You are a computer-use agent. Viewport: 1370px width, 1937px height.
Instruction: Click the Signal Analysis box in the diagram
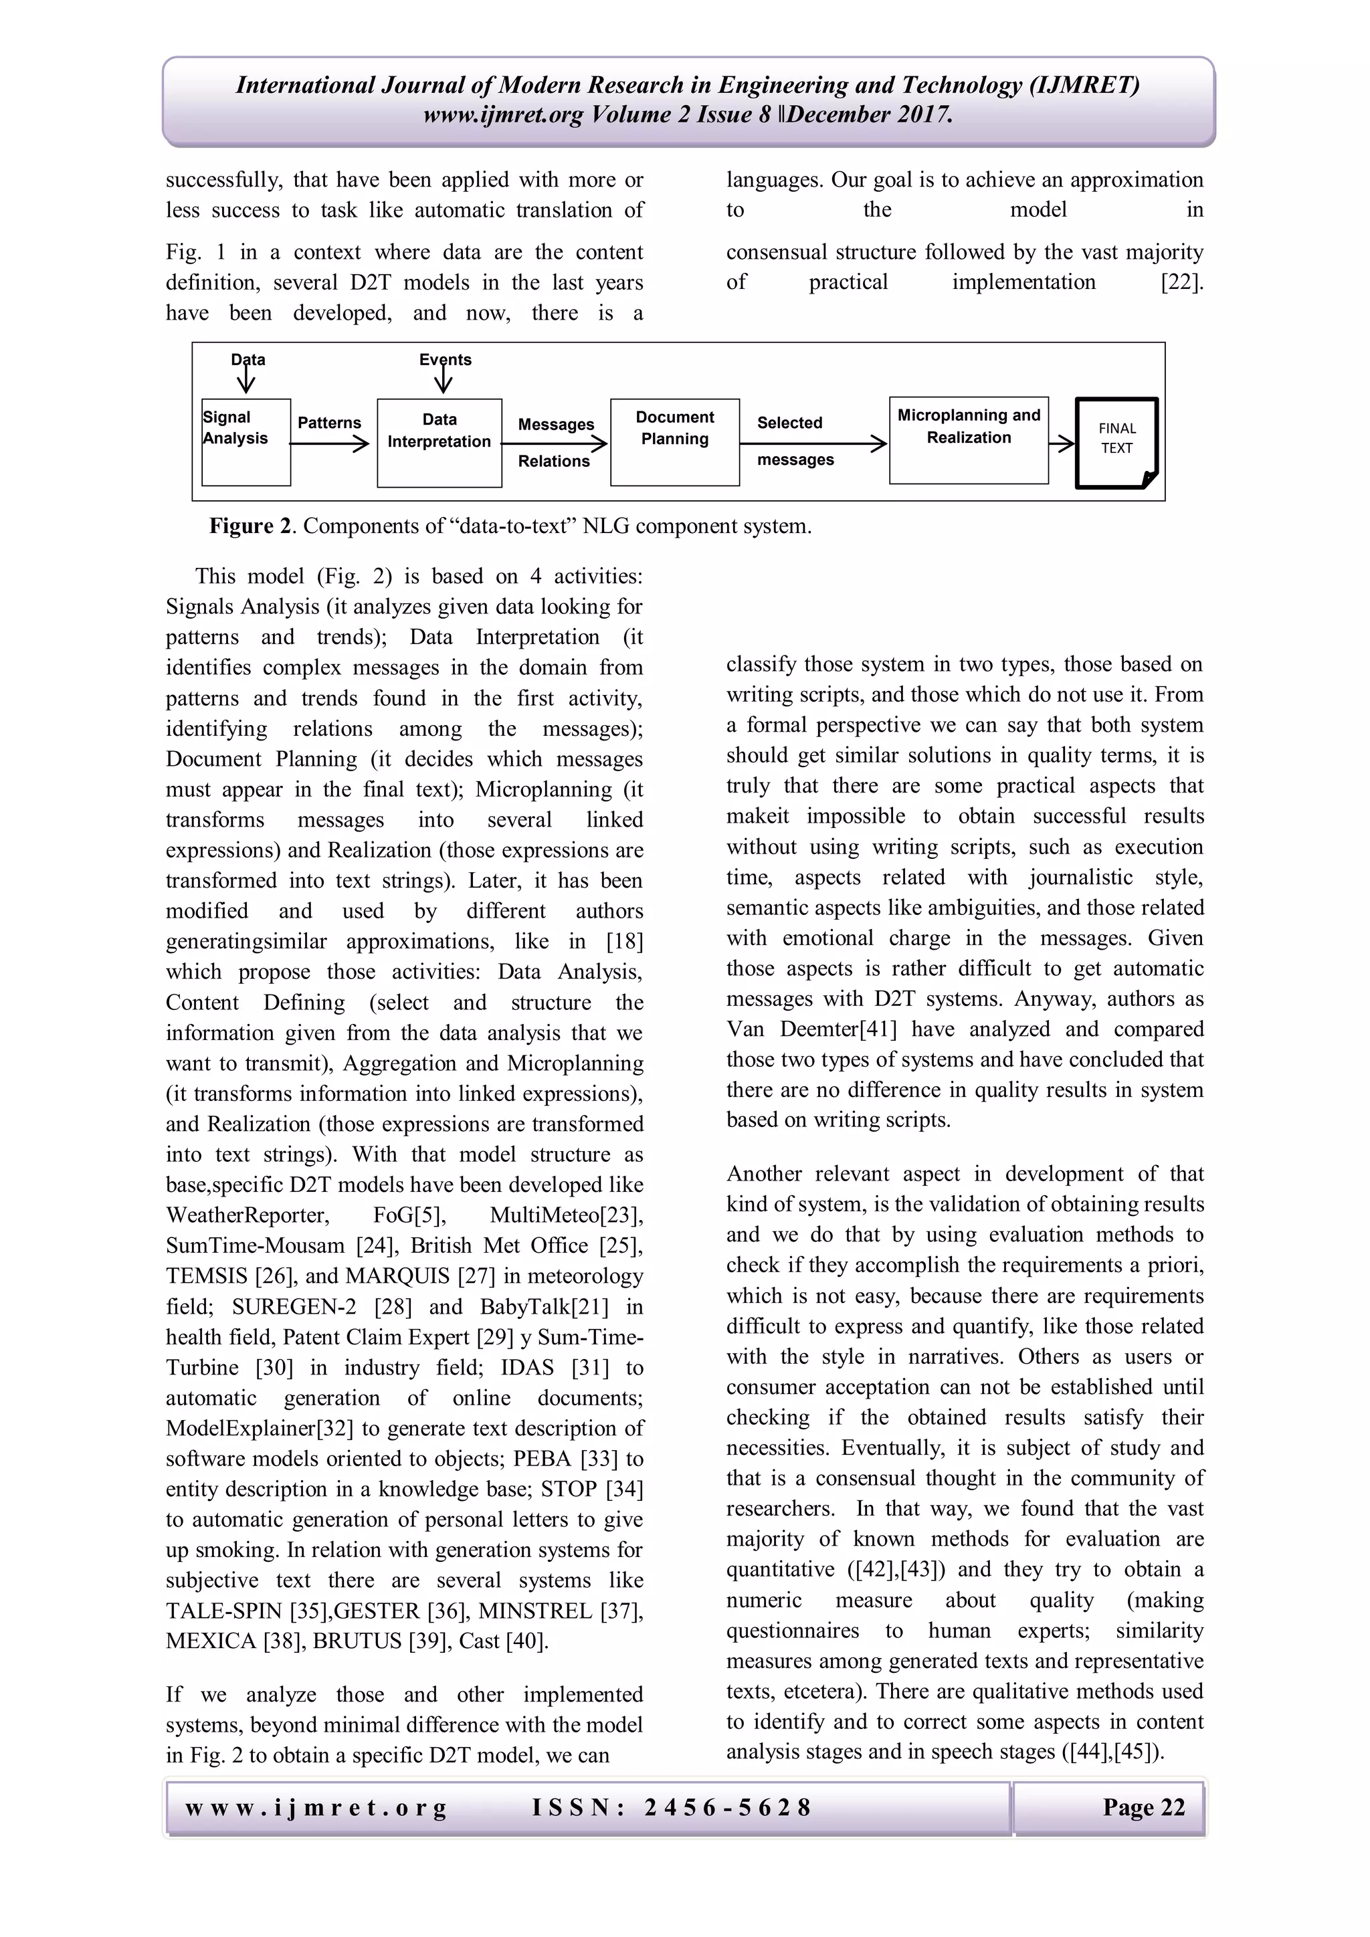[x=246, y=442]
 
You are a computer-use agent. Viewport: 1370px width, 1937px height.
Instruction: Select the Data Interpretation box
[x=439, y=443]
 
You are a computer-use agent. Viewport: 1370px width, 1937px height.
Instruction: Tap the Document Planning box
[x=674, y=442]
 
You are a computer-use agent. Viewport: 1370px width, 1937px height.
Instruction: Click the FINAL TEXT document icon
[x=1116, y=442]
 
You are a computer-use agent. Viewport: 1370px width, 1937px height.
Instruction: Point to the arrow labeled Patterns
[x=329, y=443]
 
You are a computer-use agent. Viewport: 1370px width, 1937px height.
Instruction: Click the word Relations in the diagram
[x=553, y=462]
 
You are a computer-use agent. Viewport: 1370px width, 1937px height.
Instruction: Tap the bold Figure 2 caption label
[x=252, y=526]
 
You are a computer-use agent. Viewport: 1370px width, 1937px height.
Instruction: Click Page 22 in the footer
[x=1143, y=1807]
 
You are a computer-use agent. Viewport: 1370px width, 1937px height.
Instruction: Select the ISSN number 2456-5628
[x=727, y=1807]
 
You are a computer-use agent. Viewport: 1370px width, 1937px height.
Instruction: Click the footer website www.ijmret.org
[x=316, y=1807]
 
